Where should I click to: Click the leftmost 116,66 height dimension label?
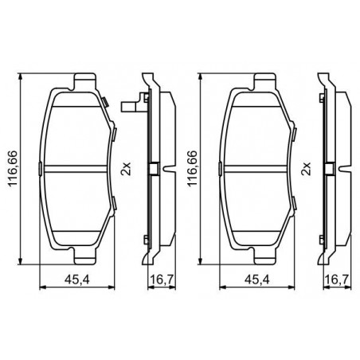point(13,168)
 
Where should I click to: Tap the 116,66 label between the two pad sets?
point(193,168)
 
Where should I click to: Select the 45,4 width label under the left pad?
point(77,280)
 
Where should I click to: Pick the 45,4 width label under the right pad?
point(257,280)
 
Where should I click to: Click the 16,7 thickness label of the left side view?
point(162,280)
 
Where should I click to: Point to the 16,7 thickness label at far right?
point(337,280)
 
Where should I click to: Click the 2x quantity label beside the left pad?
point(126,169)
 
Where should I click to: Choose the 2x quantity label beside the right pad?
point(306,169)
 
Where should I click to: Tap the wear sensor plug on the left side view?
point(129,107)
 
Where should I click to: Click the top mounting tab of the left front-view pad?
point(84,80)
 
